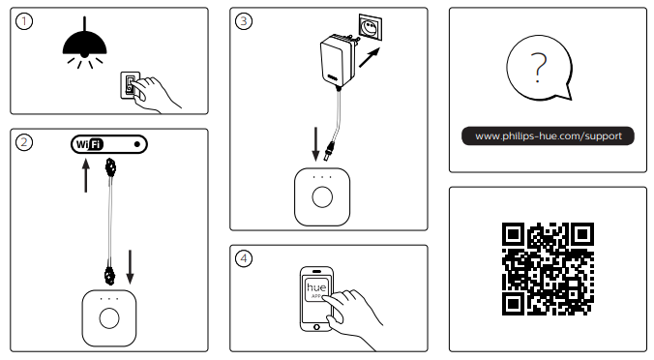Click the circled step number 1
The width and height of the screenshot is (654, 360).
click(24, 21)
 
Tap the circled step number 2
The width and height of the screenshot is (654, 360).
click(24, 142)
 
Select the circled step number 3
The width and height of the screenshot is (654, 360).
click(244, 21)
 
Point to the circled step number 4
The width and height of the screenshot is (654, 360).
click(244, 258)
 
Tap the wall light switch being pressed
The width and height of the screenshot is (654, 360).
click(130, 85)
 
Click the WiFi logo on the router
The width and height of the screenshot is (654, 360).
click(89, 144)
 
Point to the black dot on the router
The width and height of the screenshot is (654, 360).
click(137, 144)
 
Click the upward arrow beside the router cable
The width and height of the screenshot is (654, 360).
click(86, 176)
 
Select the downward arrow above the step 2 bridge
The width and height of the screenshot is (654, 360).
click(131, 266)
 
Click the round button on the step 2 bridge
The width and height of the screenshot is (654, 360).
click(109, 318)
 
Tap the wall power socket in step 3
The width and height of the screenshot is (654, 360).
click(371, 27)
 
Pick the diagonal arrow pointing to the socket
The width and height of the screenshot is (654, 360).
click(370, 57)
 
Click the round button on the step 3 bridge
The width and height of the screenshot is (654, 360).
click(322, 196)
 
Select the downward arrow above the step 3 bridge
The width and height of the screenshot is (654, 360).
click(315, 144)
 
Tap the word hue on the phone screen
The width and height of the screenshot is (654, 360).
click(316, 287)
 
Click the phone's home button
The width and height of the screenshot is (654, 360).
click(316, 327)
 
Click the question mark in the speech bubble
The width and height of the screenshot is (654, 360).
click(539, 67)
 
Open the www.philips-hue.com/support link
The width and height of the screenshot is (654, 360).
click(548, 136)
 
